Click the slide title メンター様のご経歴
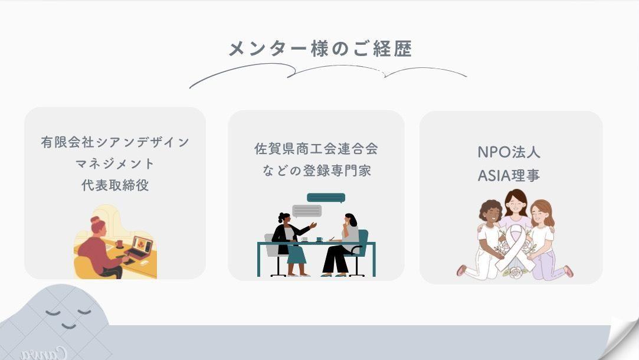[320, 48]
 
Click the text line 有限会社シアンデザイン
[115, 142]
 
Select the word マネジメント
[115, 163]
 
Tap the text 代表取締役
[115, 185]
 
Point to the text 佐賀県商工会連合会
[316, 148]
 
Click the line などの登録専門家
[317, 171]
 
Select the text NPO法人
[509, 152]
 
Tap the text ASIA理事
[509, 175]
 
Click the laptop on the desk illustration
[139, 247]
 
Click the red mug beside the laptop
[119, 244]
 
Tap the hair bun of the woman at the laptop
[95, 220]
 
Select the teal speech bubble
[326, 198]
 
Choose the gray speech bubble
[306, 211]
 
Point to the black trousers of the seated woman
[336, 259]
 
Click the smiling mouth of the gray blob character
[69, 326]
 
